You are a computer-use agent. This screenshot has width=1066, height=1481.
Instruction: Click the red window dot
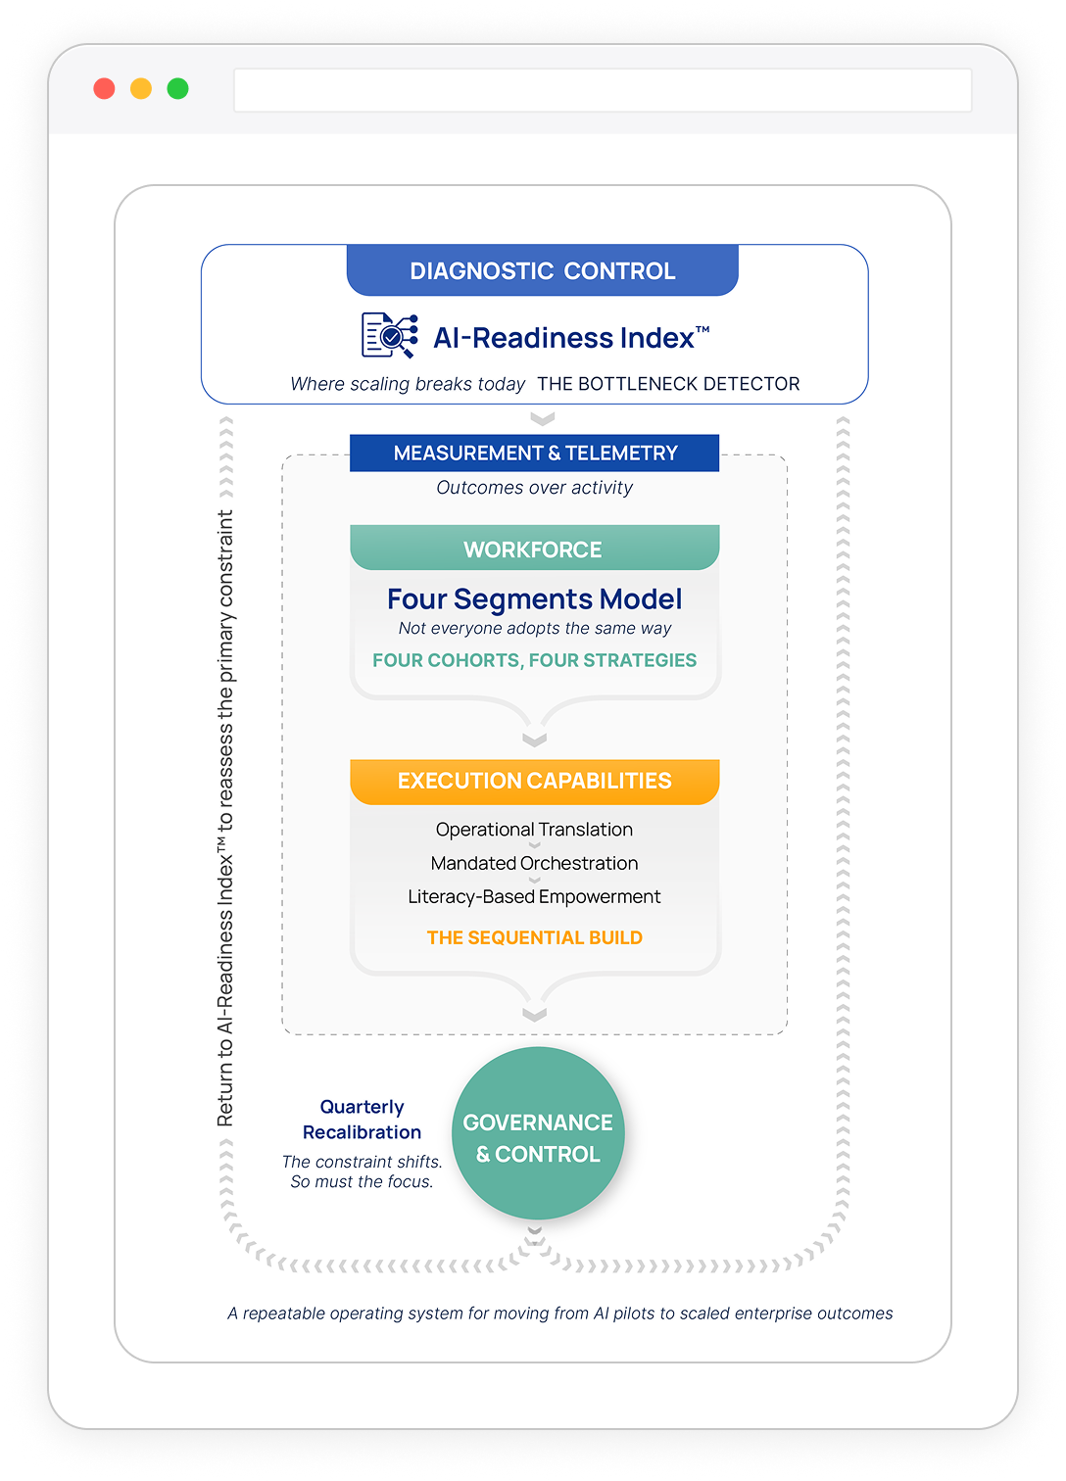pyautogui.click(x=104, y=89)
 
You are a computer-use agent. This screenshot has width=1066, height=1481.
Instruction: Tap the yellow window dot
pyautogui.click(x=141, y=89)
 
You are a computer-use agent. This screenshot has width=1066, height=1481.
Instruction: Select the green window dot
pyautogui.click(x=177, y=89)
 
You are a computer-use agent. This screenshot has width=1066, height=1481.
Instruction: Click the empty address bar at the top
pyautogui.click(x=602, y=90)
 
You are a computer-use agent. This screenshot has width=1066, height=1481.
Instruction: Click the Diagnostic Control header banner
pyautogui.click(x=542, y=271)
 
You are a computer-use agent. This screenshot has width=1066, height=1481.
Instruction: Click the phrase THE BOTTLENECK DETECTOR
pyautogui.click(x=668, y=384)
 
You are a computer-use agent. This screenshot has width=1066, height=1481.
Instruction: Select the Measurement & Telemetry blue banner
pyautogui.click(x=535, y=454)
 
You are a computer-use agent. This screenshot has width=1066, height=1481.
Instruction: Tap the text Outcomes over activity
pyautogui.click(x=535, y=488)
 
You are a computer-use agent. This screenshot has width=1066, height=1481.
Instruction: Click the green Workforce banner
pyautogui.click(x=534, y=549)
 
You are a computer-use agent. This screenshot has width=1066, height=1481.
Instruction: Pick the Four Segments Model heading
pyautogui.click(x=534, y=599)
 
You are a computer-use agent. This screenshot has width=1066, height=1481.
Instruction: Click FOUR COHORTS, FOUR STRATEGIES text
pyautogui.click(x=534, y=660)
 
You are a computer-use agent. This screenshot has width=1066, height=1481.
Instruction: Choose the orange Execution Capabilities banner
pyautogui.click(x=534, y=782)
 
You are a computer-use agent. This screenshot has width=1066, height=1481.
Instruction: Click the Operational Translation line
pyautogui.click(x=534, y=830)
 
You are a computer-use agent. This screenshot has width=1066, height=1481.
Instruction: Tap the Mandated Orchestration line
pyautogui.click(x=534, y=863)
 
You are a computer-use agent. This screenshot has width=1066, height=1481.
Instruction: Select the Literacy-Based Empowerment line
pyautogui.click(x=534, y=896)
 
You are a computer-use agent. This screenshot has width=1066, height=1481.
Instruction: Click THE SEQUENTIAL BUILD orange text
pyautogui.click(x=534, y=937)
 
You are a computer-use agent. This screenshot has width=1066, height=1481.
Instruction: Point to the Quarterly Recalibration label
pyautogui.click(x=362, y=1120)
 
